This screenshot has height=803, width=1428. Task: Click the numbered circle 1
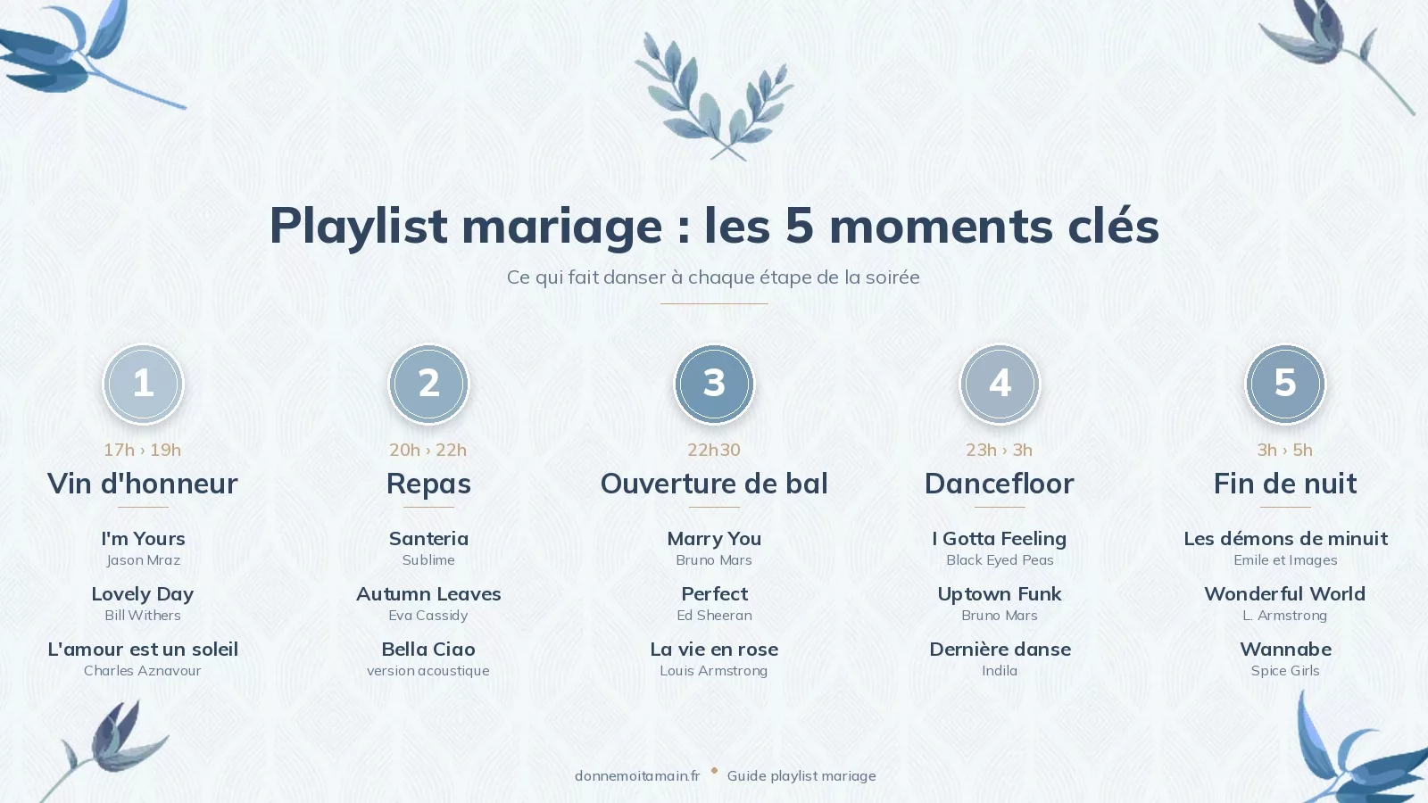tap(143, 384)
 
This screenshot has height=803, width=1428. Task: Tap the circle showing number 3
tap(714, 384)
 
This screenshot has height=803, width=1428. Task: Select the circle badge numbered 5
tap(1285, 384)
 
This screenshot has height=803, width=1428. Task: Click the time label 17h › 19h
tap(143, 450)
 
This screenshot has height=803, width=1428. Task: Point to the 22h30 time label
tap(714, 450)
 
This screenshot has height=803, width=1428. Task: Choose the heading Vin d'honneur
tap(143, 484)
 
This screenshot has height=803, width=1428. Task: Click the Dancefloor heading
tap(1000, 484)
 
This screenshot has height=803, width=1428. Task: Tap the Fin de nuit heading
tap(1285, 484)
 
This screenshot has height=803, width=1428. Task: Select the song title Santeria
tap(428, 539)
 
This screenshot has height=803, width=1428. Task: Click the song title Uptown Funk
tap(1000, 594)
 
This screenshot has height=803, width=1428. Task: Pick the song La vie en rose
tap(714, 650)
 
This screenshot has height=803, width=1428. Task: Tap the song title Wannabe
tap(1285, 650)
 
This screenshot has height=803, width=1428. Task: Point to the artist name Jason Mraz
tap(143, 560)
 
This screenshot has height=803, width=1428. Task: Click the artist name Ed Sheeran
tap(714, 616)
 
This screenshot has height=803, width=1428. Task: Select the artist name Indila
tap(1000, 671)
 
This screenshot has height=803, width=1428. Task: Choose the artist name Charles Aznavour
tap(143, 671)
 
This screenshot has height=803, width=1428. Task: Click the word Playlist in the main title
tap(358, 225)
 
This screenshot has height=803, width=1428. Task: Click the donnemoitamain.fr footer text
tap(637, 776)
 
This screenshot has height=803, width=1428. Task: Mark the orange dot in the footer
tap(714, 770)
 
